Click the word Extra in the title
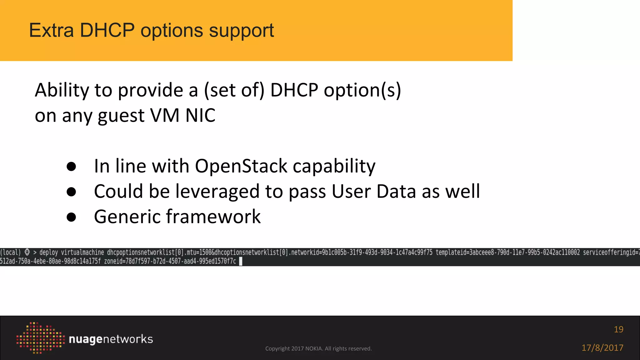51,31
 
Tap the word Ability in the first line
62,91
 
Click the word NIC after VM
200,116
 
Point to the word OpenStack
241,166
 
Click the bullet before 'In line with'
71,167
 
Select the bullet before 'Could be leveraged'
71,192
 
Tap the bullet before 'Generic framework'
71,217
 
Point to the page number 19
618,329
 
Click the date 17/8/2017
602,348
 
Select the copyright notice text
318,348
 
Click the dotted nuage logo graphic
40,338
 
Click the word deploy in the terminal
48,252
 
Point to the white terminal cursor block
241,261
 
